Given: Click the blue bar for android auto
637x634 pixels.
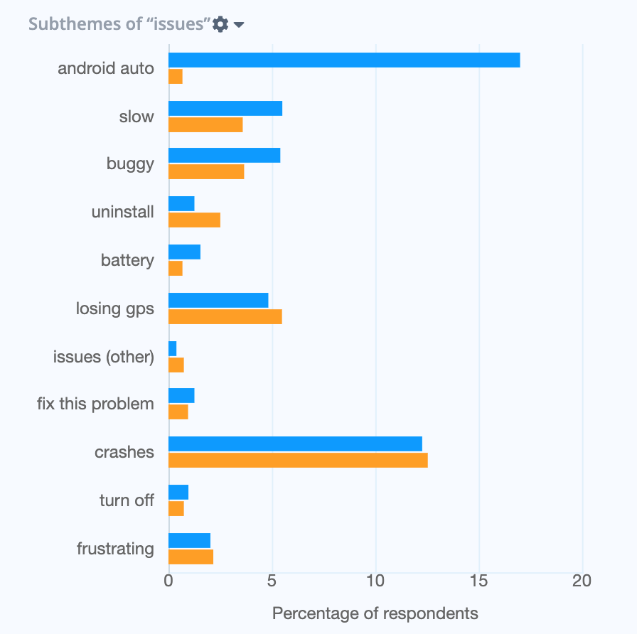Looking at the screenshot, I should pyautogui.click(x=344, y=60).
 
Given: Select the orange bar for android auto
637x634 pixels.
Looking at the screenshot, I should pyautogui.click(x=176, y=77).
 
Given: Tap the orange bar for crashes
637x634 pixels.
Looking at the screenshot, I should pyautogui.click(x=298, y=461).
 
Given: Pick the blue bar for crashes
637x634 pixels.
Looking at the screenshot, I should pyautogui.click(x=295, y=444).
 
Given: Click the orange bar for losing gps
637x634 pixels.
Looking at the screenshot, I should pyautogui.click(x=225, y=317).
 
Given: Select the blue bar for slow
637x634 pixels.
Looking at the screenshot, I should pyautogui.click(x=225, y=109).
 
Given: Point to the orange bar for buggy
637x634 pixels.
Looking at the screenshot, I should pyautogui.click(x=206, y=172).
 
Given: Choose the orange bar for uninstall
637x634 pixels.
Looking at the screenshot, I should pyautogui.click(x=194, y=220).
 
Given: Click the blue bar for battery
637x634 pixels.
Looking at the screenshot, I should pyautogui.click(x=184, y=252).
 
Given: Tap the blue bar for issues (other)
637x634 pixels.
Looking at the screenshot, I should pyautogui.click(x=172, y=348).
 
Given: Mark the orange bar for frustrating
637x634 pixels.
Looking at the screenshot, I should pyautogui.click(x=191, y=557).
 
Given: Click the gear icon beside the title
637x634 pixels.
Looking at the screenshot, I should pyautogui.click(x=221, y=24).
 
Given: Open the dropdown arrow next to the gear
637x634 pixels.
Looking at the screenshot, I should pyautogui.click(x=239, y=25).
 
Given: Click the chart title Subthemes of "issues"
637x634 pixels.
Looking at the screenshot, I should pyautogui.click(x=119, y=24).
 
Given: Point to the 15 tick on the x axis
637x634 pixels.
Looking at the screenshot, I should pyautogui.click(x=479, y=581).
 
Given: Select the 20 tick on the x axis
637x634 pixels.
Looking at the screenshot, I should pyautogui.click(x=582, y=581).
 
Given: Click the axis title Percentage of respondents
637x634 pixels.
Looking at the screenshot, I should pyautogui.click(x=375, y=613).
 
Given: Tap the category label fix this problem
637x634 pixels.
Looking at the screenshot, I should pyautogui.click(x=95, y=404).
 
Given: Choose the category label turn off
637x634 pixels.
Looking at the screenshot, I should pyautogui.click(x=127, y=500).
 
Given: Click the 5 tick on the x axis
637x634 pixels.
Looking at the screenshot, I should pyautogui.click(x=272, y=581).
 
